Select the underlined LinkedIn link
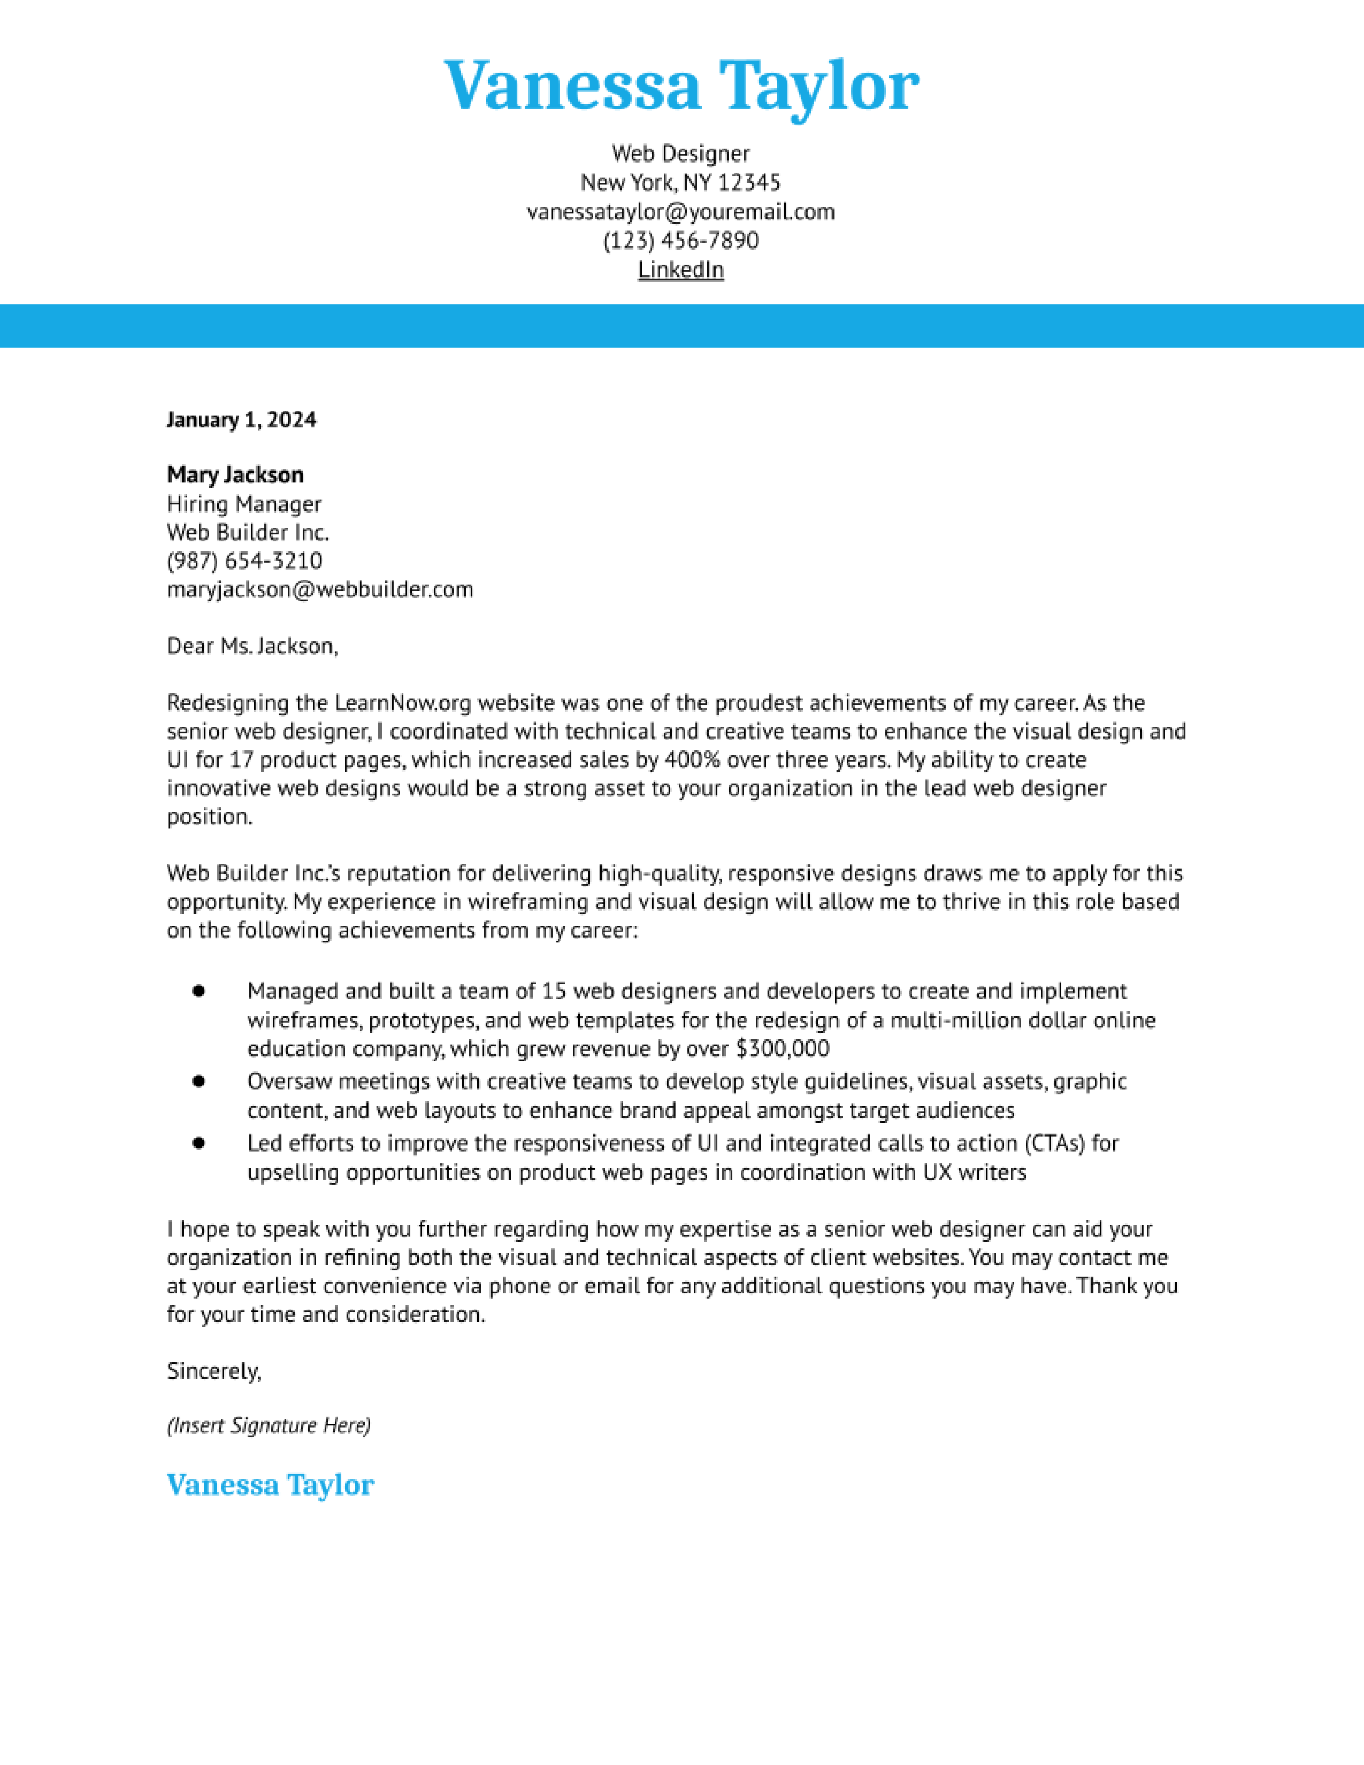pyautogui.click(x=680, y=269)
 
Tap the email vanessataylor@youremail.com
pyautogui.click(x=680, y=212)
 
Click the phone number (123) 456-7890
pyautogui.click(x=680, y=241)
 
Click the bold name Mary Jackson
pyautogui.click(x=235, y=474)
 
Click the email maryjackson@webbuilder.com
pyautogui.click(x=320, y=589)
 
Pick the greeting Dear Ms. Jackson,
pyautogui.click(x=252, y=646)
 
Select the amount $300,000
pyautogui.click(x=782, y=1049)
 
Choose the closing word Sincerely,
pyautogui.click(x=214, y=1371)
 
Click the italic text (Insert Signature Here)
pyautogui.click(x=269, y=1425)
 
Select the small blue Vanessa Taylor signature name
pyautogui.click(x=270, y=1485)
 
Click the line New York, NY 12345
pyautogui.click(x=680, y=182)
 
